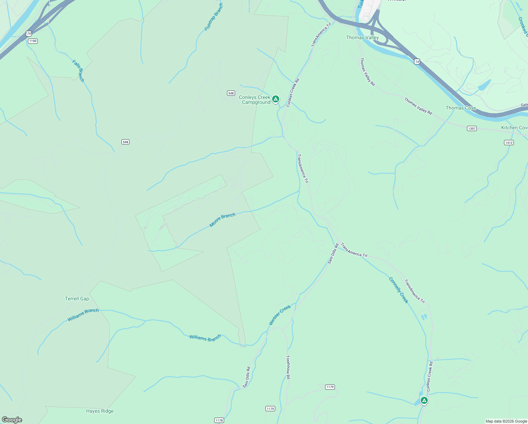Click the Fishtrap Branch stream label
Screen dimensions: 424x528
(214, 17)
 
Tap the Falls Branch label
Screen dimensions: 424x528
(78, 71)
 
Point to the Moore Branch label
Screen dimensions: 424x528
(222, 220)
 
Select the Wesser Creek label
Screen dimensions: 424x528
(280, 315)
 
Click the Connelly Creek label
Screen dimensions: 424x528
(398, 290)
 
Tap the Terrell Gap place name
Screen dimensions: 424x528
(77, 299)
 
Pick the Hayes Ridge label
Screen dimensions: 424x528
(100, 411)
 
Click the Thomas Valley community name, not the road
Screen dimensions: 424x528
(362, 37)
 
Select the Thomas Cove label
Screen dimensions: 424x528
(461, 108)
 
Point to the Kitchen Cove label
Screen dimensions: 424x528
(514, 128)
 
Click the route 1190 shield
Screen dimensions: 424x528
(33, 41)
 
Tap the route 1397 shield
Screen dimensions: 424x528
(472, 128)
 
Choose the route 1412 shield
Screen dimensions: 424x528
(509, 143)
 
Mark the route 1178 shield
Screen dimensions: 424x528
(219, 420)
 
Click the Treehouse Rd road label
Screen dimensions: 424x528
(288, 367)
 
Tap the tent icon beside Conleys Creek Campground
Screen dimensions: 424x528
(276, 99)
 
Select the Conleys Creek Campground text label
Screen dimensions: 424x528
(255, 100)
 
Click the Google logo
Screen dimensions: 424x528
(12, 419)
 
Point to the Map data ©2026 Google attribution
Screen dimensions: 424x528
(506, 421)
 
